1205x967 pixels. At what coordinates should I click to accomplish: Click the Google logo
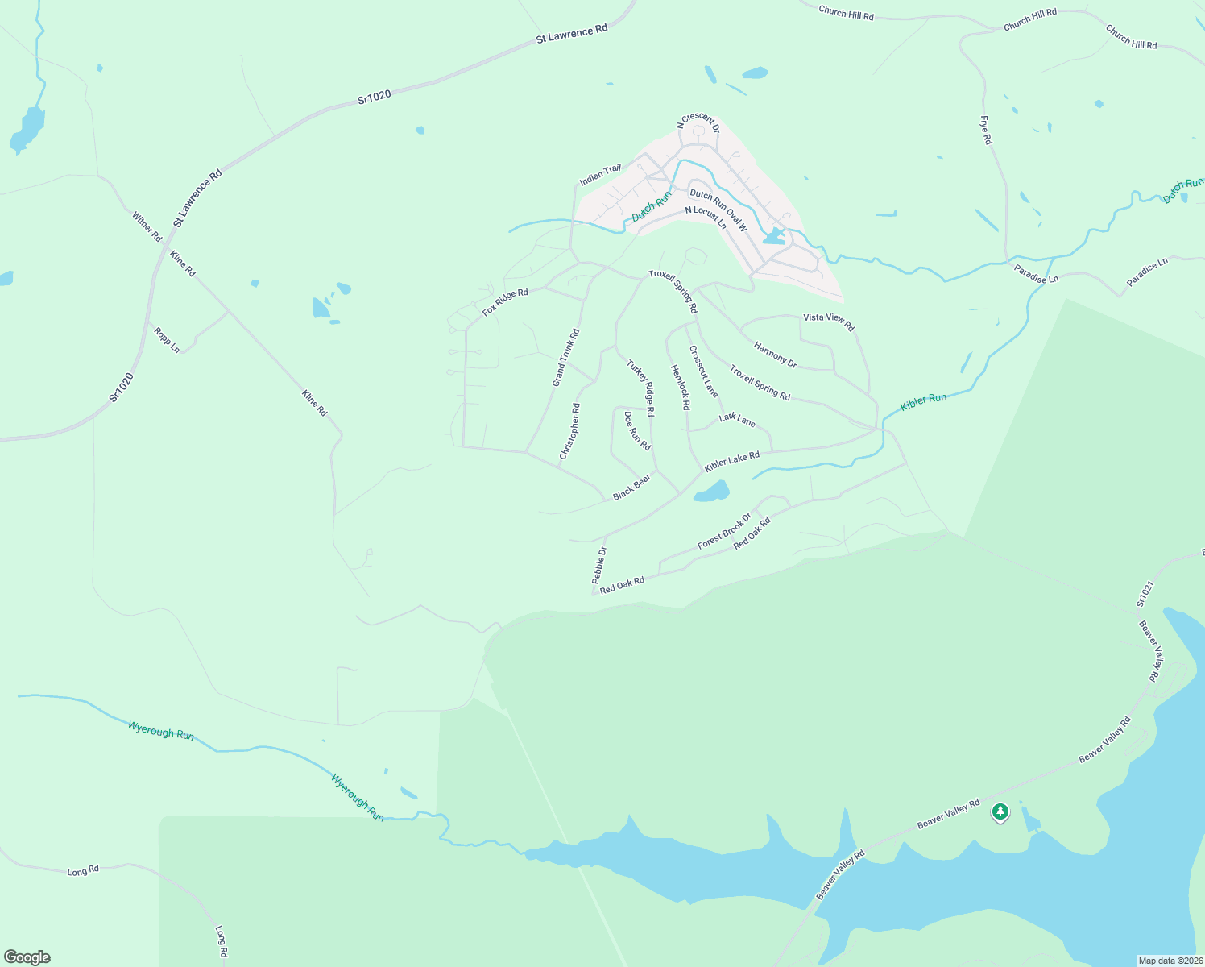coord(27,957)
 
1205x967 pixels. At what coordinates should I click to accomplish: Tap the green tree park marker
coord(1000,811)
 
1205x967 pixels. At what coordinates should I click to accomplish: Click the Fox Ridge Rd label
coord(505,302)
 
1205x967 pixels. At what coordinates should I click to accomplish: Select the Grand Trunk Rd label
coord(565,357)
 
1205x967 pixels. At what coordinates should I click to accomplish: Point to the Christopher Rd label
coord(569,431)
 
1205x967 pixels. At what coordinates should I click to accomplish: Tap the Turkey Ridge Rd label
coord(641,388)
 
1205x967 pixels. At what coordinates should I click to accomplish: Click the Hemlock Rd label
coord(681,387)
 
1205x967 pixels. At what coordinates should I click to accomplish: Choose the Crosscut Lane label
coord(703,371)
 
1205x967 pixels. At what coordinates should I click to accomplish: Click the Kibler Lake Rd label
coord(731,462)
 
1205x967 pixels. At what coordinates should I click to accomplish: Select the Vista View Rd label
coord(828,322)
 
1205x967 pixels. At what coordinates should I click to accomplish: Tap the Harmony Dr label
coord(775,355)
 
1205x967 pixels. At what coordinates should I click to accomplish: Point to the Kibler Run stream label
coord(923,400)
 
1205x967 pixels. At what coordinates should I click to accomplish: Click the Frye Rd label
coord(986,131)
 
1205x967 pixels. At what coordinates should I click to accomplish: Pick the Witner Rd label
coord(147,226)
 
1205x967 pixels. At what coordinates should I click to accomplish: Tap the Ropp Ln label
coord(167,339)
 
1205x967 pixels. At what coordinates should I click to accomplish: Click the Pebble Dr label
coord(598,565)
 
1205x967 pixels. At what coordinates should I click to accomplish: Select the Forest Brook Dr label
coord(723,531)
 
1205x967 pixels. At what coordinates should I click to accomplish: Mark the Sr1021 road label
coord(1145,593)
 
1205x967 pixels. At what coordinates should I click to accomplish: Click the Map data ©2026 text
coord(1170,960)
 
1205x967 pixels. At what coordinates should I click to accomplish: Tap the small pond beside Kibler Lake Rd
coord(712,491)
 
